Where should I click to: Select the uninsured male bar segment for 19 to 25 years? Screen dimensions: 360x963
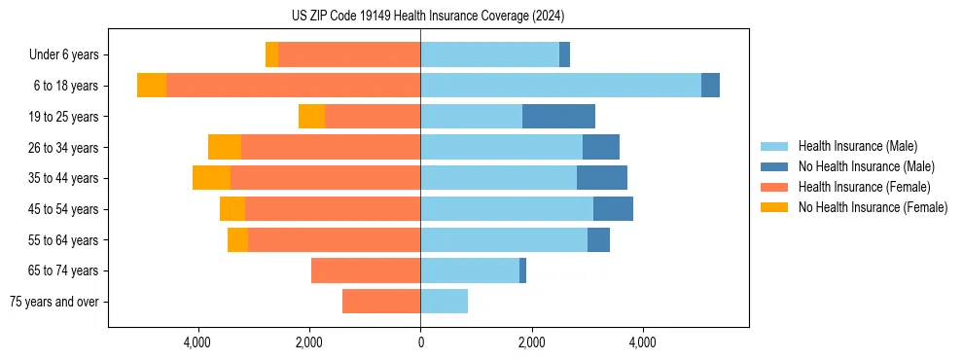point(558,117)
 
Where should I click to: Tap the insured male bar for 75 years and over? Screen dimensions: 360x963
point(444,302)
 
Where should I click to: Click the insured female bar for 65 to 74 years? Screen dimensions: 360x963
point(366,270)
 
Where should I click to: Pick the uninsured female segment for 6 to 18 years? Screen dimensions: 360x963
point(152,86)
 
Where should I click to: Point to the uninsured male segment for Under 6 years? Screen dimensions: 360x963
point(564,54)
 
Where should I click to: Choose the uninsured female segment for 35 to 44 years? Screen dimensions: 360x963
point(211,178)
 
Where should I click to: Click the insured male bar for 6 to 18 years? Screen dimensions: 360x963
point(560,86)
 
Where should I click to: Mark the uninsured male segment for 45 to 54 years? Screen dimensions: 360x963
point(613,209)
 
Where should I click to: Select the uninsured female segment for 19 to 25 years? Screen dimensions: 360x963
point(311,117)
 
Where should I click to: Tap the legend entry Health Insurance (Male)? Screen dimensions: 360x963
point(857,146)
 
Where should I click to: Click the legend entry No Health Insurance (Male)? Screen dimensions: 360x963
point(866,166)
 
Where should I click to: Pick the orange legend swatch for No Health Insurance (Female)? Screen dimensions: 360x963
point(774,207)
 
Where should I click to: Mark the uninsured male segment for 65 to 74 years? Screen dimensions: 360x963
point(522,270)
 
